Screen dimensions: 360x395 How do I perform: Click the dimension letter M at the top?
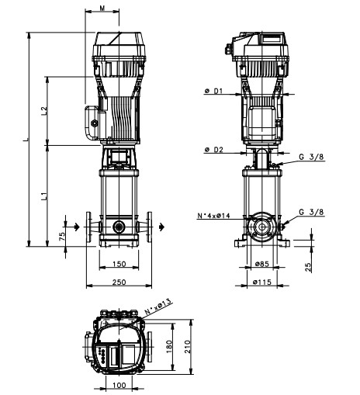pyautogui.click(x=102, y=9)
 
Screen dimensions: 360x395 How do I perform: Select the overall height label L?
pyautogui.click(x=26, y=140)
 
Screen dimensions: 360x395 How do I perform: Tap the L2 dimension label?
pyautogui.click(x=44, y=111)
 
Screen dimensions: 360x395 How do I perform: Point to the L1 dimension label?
pyautogui.click(x=44, y=196)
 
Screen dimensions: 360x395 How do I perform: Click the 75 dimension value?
pyautogui.click(x=62, y=236)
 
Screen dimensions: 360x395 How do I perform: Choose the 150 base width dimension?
pyautogui.click(x=119, y=264)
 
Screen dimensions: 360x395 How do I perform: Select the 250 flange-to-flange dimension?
pyautogui.click(x=119, y=282)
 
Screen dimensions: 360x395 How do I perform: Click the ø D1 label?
pyautogui.click(x=213, y=91)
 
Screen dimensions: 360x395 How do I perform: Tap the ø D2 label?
pyautogui.click(x=213, y=150)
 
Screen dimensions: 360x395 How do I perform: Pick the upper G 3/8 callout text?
pyautogui.click(x=311, y=157)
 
